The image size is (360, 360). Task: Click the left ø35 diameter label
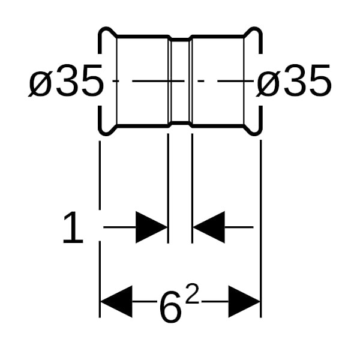[66, 80]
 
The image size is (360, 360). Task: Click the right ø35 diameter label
[294, 80]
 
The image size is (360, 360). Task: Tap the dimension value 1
[73, 227]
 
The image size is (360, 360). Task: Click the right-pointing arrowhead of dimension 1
[152, 227]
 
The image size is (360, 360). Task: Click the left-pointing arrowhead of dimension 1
[209, 227]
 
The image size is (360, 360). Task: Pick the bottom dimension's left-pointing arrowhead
[116, 301]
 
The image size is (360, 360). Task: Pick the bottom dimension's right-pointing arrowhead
[244, 301]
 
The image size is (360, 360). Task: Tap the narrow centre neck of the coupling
[181, 81]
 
